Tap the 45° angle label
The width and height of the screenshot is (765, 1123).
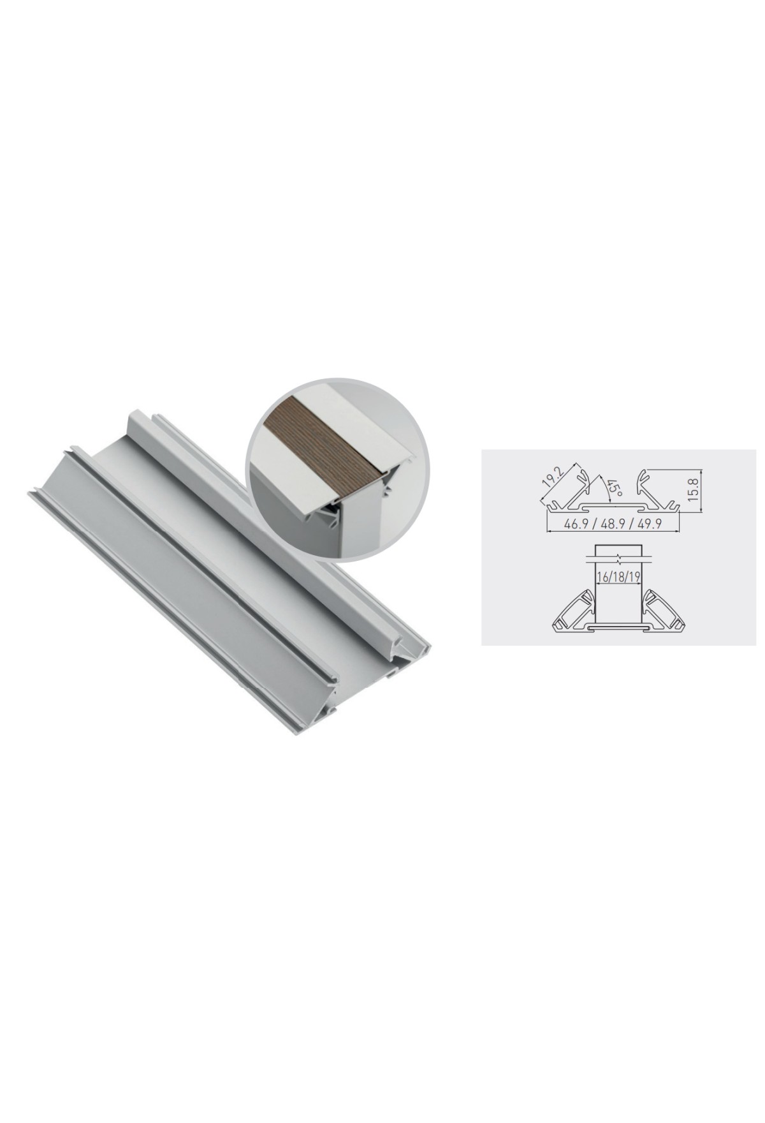click(613, 489)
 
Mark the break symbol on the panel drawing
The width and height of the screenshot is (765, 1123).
click(618, 556)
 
